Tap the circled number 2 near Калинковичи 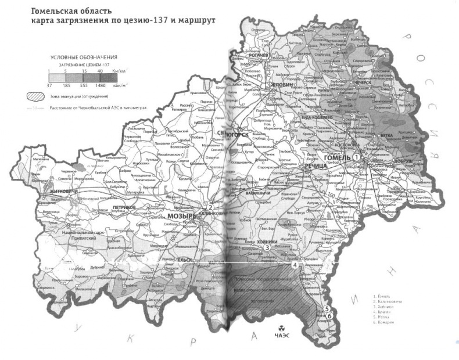[211, 207]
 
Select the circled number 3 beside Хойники [266, 248]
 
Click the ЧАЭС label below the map [282, 336]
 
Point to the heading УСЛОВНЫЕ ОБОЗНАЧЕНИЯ [85, 57]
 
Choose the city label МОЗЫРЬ [181, 217]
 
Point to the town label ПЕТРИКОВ [125, 207]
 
